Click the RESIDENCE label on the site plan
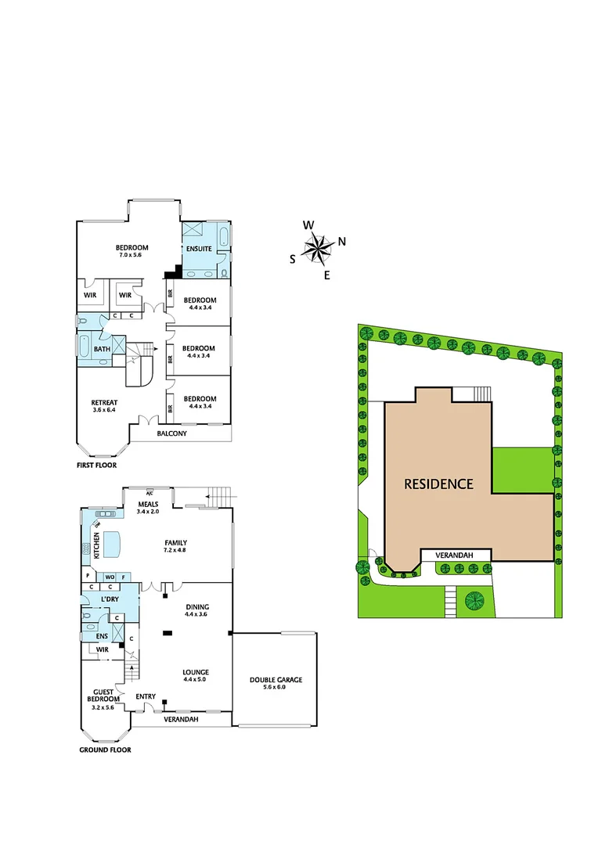pos(438,484)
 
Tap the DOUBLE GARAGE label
pos(276,680)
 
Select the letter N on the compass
pos(342,242)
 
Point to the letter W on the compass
pos(308,225)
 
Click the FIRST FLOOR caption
pos(96,465)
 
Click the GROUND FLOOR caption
pos(105,750)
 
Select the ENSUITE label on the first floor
pos(198,249)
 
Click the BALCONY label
pos(171,433)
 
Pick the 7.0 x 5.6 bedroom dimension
pos(132,255)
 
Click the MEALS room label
pos(148,504)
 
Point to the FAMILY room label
pos(175,542)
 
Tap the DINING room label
pos(196,606)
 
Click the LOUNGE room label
pos(196,672)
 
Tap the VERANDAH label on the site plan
pos(456,556)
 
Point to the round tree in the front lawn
pos(474,601)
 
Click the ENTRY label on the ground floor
pos(146,696)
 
